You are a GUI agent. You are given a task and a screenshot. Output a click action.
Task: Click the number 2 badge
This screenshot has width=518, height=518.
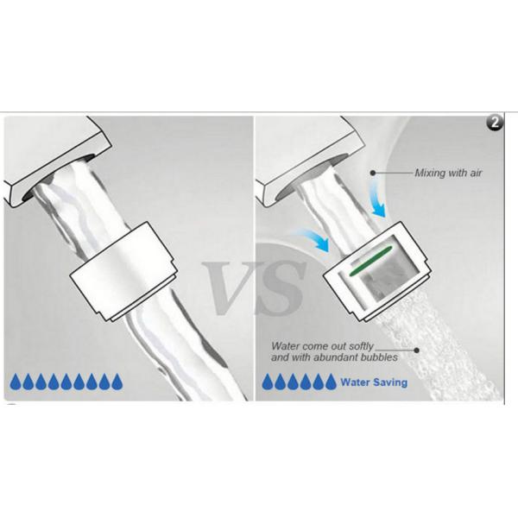(495, 123)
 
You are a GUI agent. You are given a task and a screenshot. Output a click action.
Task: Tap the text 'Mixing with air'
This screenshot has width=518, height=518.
(448, 173)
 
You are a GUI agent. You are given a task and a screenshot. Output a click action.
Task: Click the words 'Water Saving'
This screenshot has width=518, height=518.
(374, 382)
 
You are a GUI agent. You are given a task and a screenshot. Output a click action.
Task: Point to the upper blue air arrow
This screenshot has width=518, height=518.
(377, 200)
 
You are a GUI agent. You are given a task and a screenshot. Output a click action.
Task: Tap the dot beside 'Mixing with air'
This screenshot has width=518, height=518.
(373, 173)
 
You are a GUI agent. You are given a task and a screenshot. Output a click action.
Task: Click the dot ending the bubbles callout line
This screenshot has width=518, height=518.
(417, 351)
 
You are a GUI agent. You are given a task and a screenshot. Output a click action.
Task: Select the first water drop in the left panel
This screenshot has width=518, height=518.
(16, 382)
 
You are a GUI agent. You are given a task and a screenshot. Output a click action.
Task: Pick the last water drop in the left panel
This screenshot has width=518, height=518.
(117, 382)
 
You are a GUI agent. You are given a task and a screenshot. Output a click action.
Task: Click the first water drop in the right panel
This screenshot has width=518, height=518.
(268, 382)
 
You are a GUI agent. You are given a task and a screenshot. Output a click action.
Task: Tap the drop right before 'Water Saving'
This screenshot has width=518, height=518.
(331, 382)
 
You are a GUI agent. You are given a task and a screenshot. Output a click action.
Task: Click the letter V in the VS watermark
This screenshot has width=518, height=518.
(228, 287)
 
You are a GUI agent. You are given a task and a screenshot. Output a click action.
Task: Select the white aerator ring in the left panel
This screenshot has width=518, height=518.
(123, 272)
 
